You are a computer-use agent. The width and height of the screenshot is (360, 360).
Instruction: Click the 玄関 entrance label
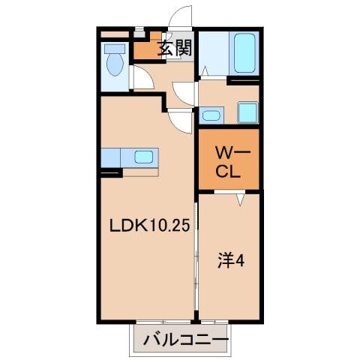(x=175, y=49)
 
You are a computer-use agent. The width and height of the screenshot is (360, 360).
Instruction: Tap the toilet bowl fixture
(x=115, y=66)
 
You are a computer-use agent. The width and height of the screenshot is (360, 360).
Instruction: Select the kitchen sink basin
(x=144, y=157)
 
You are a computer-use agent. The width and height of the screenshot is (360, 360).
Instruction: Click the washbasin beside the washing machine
(x=211, y=115)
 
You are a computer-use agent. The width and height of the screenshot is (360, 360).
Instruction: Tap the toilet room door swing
(x=142, y=78)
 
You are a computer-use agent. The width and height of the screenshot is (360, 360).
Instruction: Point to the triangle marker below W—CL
(x=239, y=200)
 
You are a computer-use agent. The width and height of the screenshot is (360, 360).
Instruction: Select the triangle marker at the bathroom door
(x=203, y=72)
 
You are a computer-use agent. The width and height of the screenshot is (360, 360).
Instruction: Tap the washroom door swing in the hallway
(x=183, y=92)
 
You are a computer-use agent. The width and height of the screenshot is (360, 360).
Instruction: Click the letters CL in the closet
(x=228, y=171)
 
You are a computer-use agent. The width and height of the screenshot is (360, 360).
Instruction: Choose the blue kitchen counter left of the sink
(x=111, y=157)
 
